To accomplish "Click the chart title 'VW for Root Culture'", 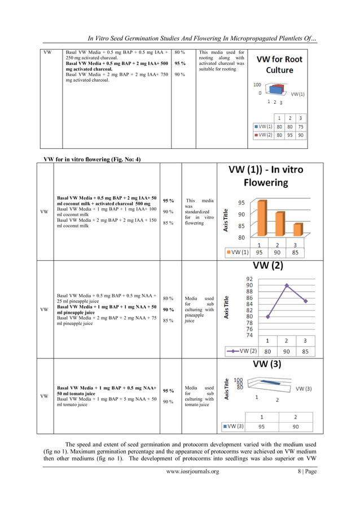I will click(x=279, y=64).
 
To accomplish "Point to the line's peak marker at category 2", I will click(x=287, y=286).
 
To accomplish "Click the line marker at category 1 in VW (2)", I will click(x=267, y=317).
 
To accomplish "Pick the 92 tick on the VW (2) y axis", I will click(x=249, y=278).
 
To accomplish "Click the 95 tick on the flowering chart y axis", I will click(x=241, y=203).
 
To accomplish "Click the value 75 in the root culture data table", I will click(x=301, y=127).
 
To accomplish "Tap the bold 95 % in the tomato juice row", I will click(x=168, y=390).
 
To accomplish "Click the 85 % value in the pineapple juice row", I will click(x=168, y=321).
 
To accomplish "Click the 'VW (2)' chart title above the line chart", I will click(x=268, y=265).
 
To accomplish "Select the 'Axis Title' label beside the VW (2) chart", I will click(x=226, y=309).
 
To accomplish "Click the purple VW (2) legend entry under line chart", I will click(x=239, y=350).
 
